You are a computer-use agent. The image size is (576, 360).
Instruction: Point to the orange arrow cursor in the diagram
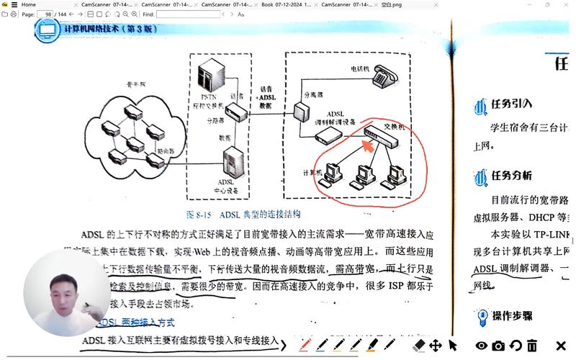point(366,147)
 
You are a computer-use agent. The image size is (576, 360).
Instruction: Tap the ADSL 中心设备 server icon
point(235,163)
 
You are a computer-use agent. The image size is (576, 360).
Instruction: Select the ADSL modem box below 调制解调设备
point(328,135)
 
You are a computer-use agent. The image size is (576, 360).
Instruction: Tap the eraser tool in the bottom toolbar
point(419,346)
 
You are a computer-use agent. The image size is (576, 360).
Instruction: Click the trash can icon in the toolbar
point(532,346)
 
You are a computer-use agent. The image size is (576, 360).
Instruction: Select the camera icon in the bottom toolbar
point(498,346)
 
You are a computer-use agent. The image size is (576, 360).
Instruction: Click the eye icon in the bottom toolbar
point(481,346)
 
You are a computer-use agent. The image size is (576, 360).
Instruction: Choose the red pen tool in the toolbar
point(305,346)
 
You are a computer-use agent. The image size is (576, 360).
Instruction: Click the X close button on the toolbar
point(561,346)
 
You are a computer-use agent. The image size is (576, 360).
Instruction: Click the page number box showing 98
point(48,14)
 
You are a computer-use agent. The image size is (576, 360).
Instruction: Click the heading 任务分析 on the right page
point(512,176)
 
